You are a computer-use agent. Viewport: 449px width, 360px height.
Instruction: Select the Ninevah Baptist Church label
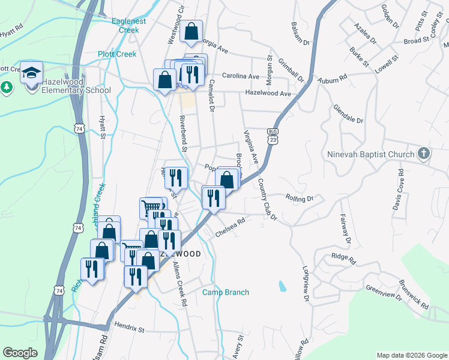click(x=371, y=154)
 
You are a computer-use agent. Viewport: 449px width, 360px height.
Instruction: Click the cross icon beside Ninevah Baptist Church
click(x=424, y=154)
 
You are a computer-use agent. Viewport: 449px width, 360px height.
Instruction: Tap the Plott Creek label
click(x=117, y=54)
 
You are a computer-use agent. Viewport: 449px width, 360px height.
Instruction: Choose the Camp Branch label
click(x=225, y=292)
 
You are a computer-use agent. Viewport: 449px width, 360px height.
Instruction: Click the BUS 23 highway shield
click(x=273, y=136)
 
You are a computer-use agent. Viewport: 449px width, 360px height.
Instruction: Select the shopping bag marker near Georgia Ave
click(x=191, y=32)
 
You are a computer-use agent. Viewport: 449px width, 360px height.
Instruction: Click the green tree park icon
click(x=7, y=87)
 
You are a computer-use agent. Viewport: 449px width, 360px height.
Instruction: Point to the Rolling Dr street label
click(x=300, y=198)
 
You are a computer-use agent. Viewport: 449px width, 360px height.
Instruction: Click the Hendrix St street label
click(x=129, y=329)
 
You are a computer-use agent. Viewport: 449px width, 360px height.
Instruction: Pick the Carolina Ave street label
click(x=240, y=77)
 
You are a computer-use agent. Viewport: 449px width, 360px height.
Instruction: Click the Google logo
click(x=20, y=353)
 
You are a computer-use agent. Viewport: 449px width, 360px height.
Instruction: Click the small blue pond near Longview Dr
click(x=281, y=286)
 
